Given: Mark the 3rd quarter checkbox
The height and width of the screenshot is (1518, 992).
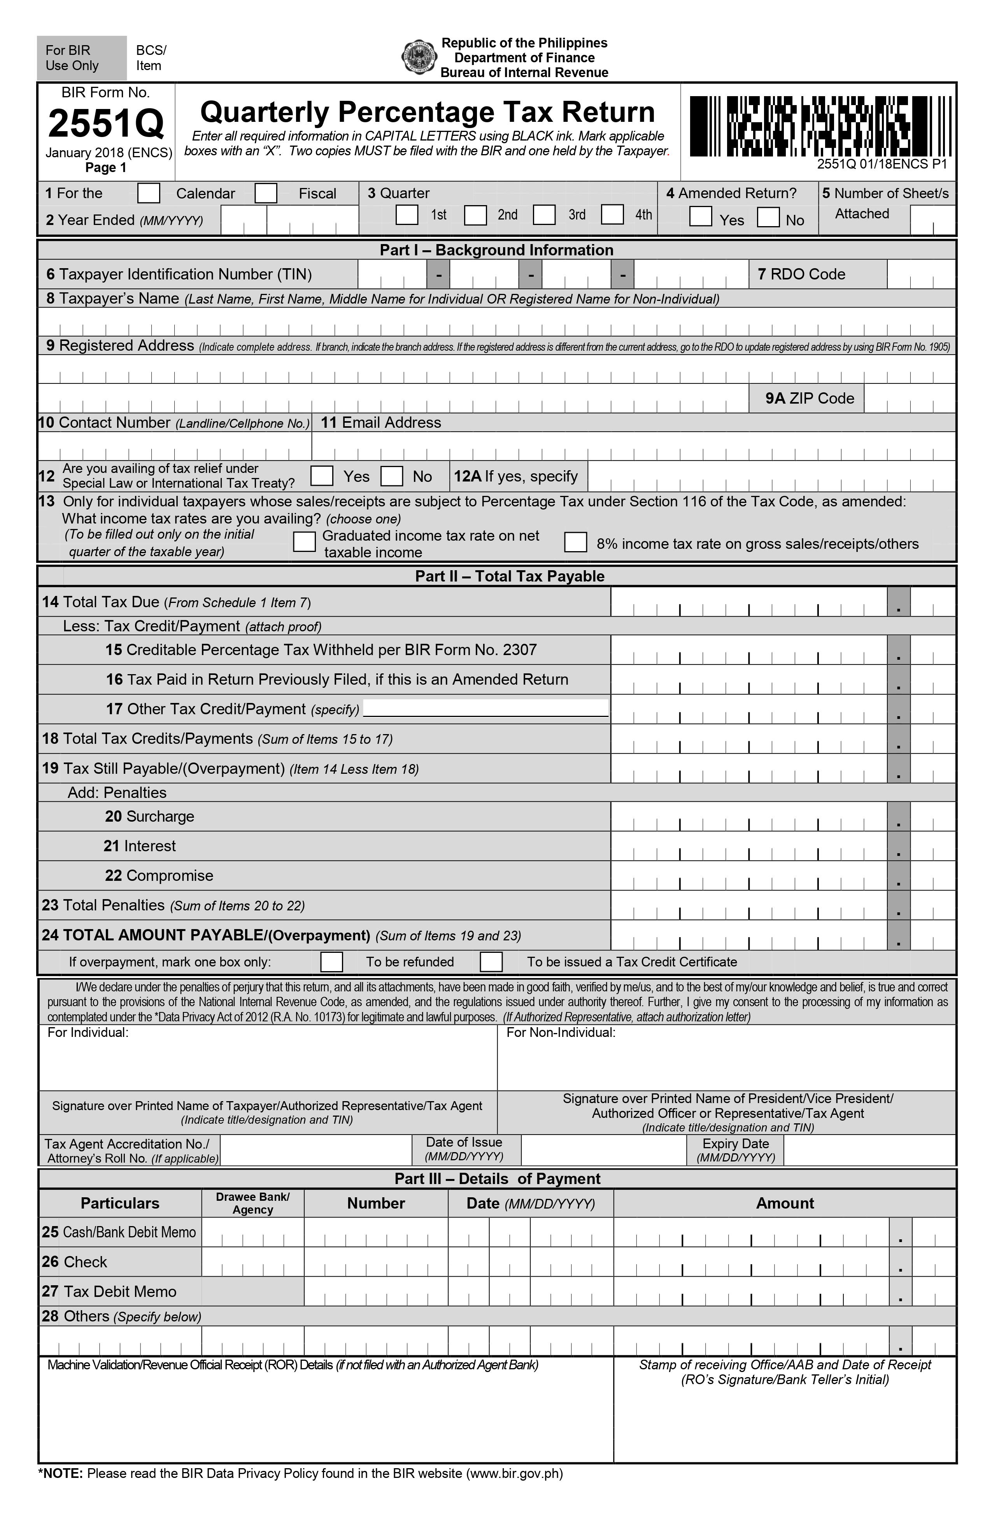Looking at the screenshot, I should pos(544,214).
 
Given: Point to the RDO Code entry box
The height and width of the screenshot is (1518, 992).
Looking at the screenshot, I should pos(920,275).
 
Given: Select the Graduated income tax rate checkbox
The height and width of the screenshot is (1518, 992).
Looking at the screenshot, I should pos(304,542).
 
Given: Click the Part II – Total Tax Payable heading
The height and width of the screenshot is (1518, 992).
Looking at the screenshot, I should pos(509,576).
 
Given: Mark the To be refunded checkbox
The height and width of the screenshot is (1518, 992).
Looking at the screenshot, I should pos(331,961).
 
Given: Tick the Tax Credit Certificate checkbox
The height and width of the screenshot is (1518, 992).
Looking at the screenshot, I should pos(491,961).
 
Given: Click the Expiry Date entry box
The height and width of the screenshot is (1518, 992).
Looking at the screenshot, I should pos(869,1150).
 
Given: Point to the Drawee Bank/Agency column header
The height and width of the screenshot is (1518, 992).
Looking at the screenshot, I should pos(252,1203).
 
